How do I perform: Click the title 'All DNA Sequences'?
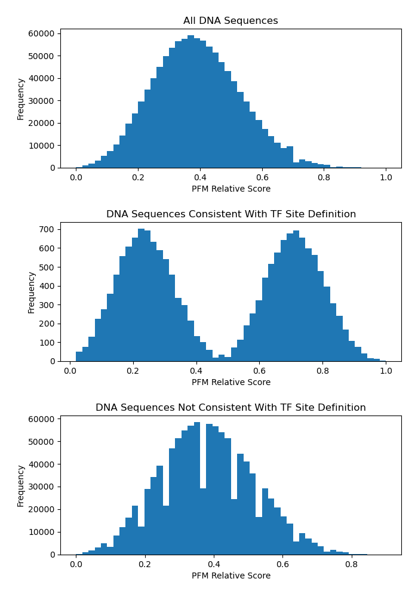[x=230, y=21]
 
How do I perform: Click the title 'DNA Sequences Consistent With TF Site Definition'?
[x=230, y=214]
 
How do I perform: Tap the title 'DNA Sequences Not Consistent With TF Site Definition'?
[x=230, y=408]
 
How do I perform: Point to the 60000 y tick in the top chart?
[x=42, y=33]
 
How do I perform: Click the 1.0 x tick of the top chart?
[x=386, y=178]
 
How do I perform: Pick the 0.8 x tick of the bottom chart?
[x=351, y=565]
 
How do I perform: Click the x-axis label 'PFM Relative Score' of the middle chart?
[x=230, y=382]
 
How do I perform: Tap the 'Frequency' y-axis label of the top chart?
[x=21, y=99]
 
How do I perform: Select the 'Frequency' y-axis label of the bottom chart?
[x=21, y=485]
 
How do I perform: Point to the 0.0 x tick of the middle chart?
[x=70, y=371]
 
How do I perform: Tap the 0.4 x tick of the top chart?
[x=200, y=178]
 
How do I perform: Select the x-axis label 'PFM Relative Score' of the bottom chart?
[x=230, y=576]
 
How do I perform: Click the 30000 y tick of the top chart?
[x=42, y=100]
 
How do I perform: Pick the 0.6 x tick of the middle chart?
[x=259, y=371]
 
